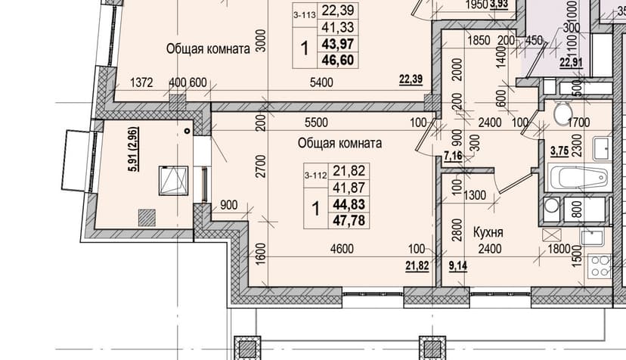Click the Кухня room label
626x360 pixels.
(488, 231)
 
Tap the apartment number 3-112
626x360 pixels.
(315, 175)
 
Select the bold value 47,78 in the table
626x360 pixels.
(349, 220)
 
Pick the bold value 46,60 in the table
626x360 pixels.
(338, 60)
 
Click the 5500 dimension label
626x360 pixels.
(316, 123)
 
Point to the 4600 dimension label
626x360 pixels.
(342, 249)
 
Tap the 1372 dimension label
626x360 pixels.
(141, 82)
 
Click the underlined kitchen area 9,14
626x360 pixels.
(458, 265)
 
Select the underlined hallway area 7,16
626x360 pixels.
(454, 156)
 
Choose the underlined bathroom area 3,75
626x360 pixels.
(559, 151)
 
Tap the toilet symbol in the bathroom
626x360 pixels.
(563, 113)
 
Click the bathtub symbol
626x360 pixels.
(578, 178)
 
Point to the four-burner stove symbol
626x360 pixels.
(600, 266)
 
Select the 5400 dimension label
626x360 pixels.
(321, 82)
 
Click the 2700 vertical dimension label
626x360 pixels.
(260, 166)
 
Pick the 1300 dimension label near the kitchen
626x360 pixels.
(475, 195)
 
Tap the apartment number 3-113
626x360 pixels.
(305, 15)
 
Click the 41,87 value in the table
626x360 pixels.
(349, 188)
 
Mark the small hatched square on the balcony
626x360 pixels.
(147, 218)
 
